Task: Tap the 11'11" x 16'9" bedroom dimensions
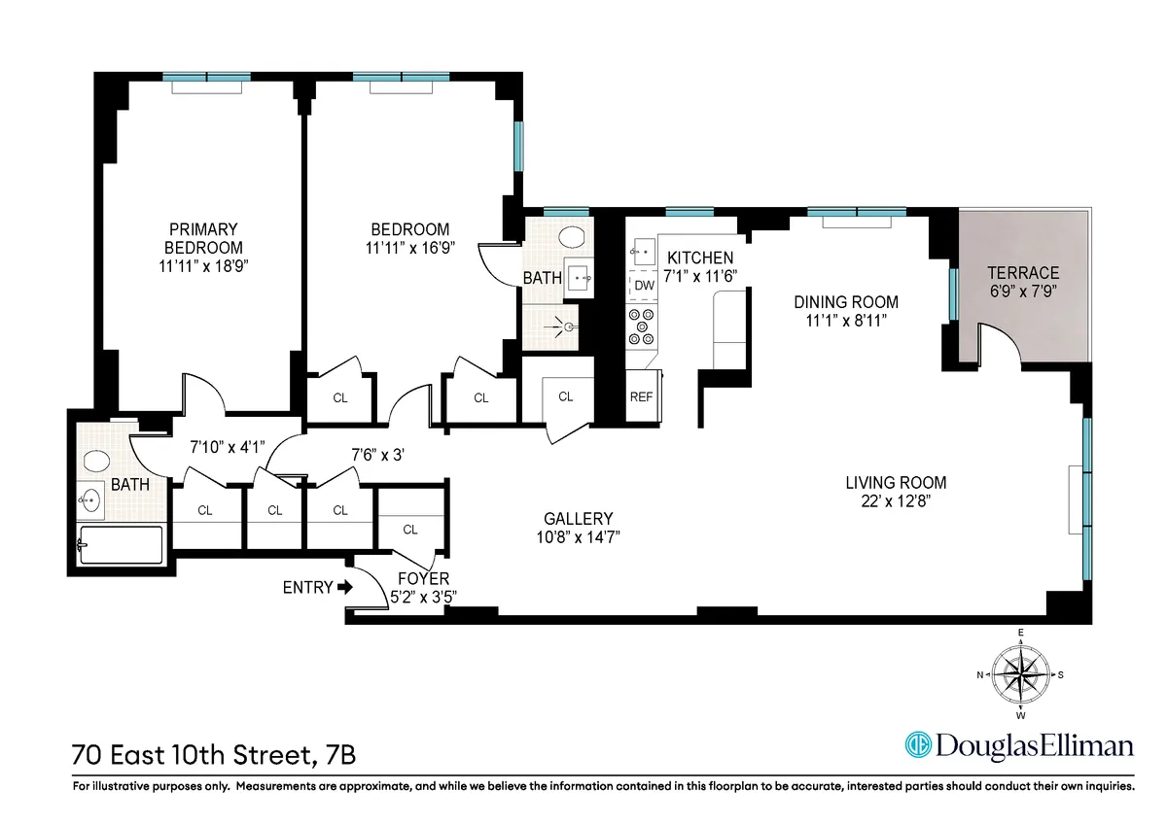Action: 409,247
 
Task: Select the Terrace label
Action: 1022,272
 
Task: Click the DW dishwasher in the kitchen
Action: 644,285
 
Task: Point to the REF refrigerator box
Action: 641,396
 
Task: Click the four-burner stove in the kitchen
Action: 642,327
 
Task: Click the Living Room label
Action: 895,482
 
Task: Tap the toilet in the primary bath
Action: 97,461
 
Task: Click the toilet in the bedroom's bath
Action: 574,236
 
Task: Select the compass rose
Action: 1020,673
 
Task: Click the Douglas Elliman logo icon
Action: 917,744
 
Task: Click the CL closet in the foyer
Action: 409,530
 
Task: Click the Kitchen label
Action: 699,258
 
